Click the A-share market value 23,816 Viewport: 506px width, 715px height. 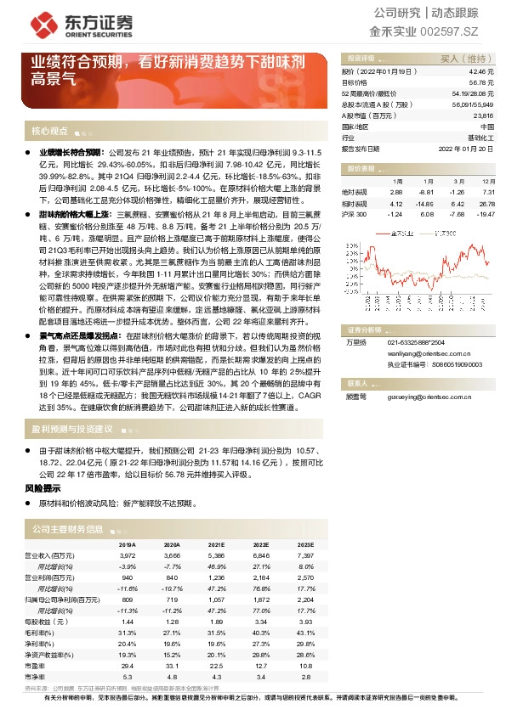coord(482,115)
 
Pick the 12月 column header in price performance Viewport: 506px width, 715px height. coord(486,182)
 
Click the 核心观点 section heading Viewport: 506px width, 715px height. coord(49,131)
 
